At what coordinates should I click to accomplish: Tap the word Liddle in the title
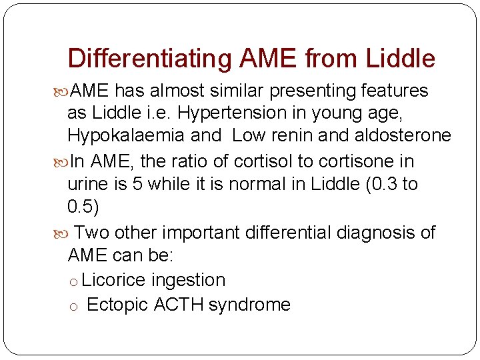pyautogui.click(x=400, y=59)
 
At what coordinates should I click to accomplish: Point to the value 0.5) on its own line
pyautogui.click(x=83, y=207)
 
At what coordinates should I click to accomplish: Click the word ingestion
pyautogui.click(x=189, y=280)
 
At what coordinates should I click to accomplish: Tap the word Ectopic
pyautogui.click(x=117, y=305)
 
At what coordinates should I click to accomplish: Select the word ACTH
pyautogui.click(x=179, y=305)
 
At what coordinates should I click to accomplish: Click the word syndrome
pyautogui.click(x=249, y=305)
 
